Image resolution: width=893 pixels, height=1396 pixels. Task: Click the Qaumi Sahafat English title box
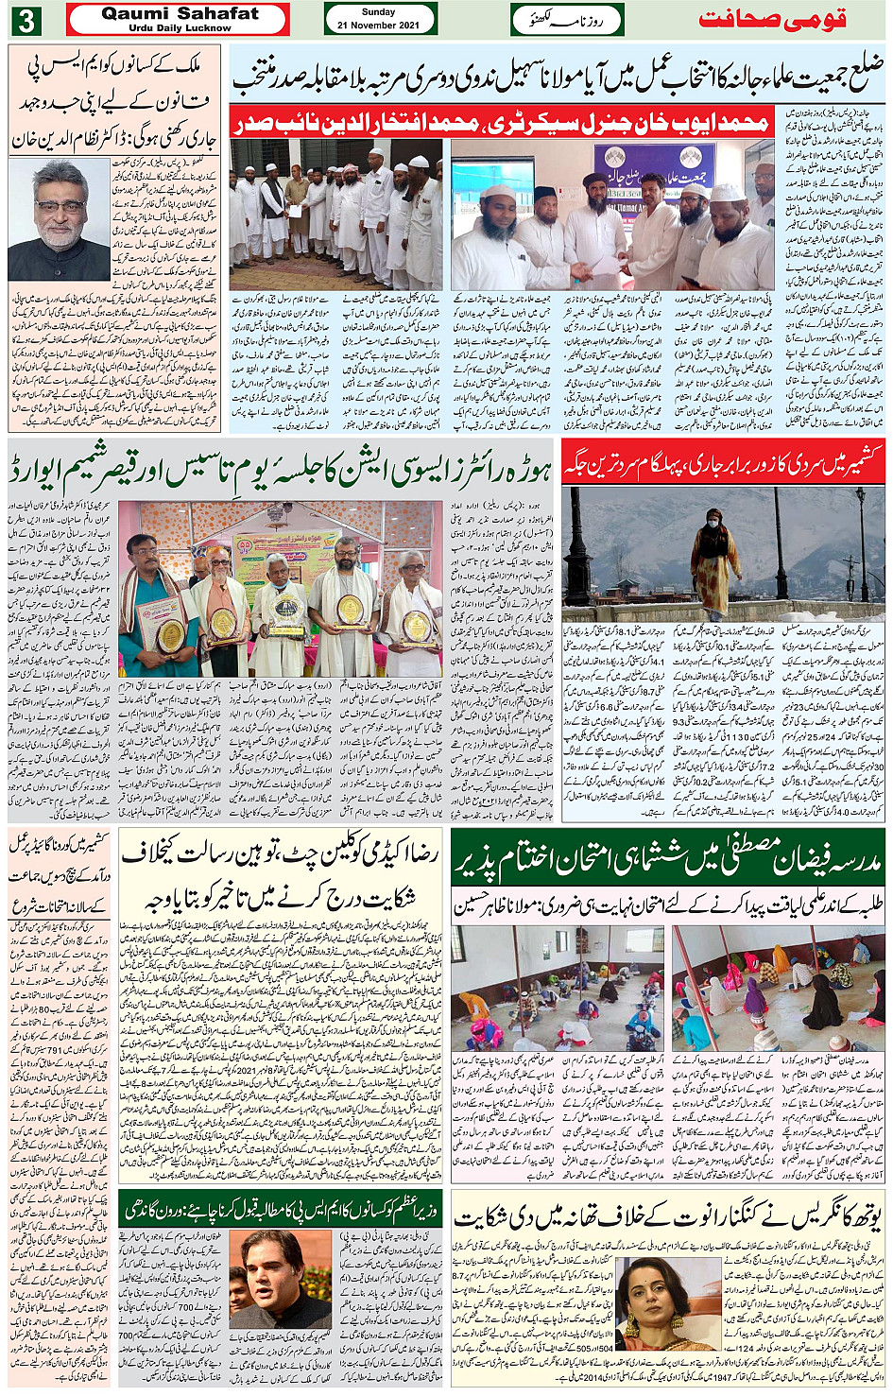(x=179, y=19)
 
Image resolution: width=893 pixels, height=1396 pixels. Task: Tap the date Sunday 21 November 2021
(x=379, y=19)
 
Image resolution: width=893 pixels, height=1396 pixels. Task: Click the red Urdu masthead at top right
(x=771, y=20)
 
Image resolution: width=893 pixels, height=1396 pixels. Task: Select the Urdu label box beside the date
(x=567, y=20)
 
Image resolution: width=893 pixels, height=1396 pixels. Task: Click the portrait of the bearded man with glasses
(x=59, y=219)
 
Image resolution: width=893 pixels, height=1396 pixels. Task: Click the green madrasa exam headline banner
(x=667, y=856)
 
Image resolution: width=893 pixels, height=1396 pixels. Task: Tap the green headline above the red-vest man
(x=282, y=1209)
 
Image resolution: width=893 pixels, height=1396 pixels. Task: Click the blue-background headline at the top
(x=558, y=74)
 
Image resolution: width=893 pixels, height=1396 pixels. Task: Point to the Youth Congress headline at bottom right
(x=667, y=1219)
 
